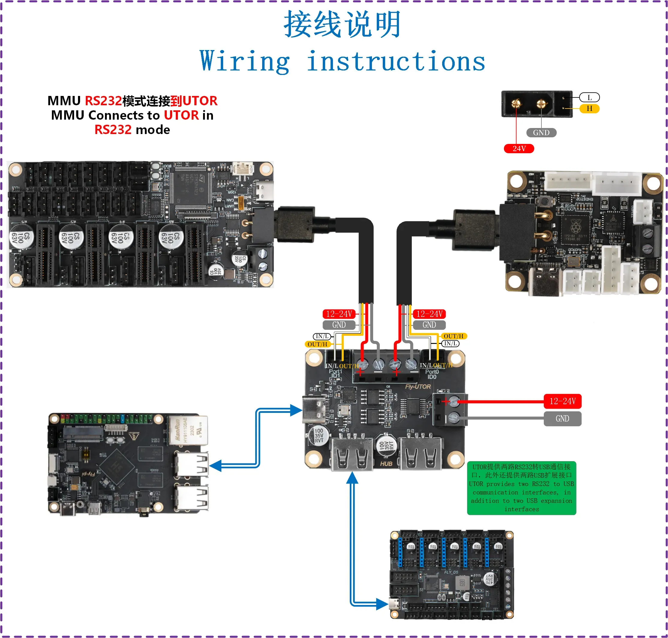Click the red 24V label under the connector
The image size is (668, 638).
tap(519, 149)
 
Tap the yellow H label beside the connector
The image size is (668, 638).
tap(589, 109)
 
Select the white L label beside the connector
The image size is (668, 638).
tap(589, 98)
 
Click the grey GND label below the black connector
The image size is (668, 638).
tap(541, 133)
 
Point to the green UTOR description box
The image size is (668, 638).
tap(521, 488)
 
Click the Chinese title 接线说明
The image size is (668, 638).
tap(342, 25)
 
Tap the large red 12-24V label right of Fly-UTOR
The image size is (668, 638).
tap(562, 401)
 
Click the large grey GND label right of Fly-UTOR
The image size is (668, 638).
tap(562, 419)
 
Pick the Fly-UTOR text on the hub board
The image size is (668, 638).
tap(418, 387)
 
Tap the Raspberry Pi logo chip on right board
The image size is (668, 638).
tap(575, 226)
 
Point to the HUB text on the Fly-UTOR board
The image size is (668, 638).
tap(386, 464)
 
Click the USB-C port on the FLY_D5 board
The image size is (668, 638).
tap(394, 604)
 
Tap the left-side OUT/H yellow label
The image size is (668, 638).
tap(317, 344)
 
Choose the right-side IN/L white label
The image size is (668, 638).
tap(450, 344)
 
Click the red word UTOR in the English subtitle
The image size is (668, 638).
tap(181, 115)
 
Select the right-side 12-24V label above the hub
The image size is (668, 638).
tap(429, 314)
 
